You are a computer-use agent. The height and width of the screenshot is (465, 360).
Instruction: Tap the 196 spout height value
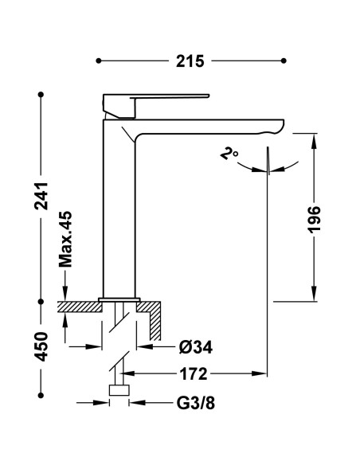[x=315, y=221]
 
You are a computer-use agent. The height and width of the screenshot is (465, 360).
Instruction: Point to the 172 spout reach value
[x=193, y=373]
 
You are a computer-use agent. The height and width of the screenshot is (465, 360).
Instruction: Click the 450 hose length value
[x=42, y=347]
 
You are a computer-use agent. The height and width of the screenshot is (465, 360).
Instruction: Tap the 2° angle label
[x=230, y=154]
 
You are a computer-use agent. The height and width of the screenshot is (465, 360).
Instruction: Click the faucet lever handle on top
[x=155, y=100]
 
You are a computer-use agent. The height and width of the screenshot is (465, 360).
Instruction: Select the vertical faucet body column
[x=119, y=207]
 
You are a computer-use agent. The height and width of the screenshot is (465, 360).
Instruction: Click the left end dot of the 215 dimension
[x=99, y=61]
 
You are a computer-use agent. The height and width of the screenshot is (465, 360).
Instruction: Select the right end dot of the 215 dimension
[x=284, y=61]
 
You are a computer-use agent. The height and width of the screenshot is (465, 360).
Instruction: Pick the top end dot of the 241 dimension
[x=42, y=95]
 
